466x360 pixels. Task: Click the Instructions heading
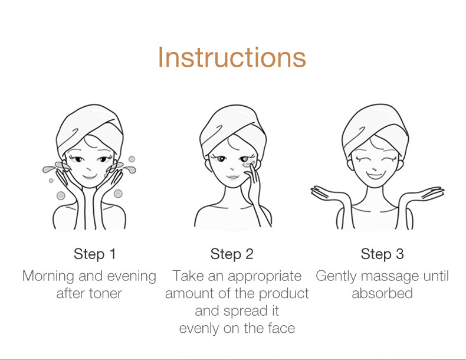(x=232, y=57)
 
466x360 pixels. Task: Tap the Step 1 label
(x=94, y=254)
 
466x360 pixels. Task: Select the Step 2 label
(x=232, y=254)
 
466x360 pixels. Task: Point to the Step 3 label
(x=382, y=254)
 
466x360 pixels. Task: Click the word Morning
(x=48, y=277)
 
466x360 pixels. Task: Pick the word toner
(x=106, y=294)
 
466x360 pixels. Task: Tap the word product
(x=284, y=294)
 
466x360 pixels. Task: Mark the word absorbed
(x=382, y=294)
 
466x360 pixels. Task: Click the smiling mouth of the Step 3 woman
(x=375, y=175)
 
